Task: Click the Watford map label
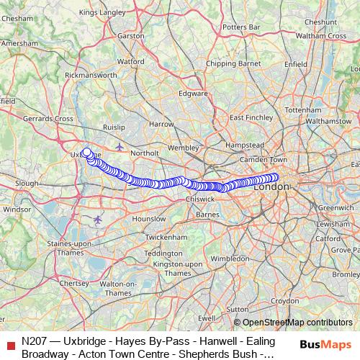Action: coord(130,62)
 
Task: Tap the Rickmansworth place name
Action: coord(91,74)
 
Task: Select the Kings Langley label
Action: coord(102,12)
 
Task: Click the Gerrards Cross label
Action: coord(48,118)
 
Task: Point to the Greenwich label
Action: coord(336,207)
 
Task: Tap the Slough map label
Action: coord(27,184)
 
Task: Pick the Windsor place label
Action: coord(17,210)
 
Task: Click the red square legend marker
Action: coord(9,345)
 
